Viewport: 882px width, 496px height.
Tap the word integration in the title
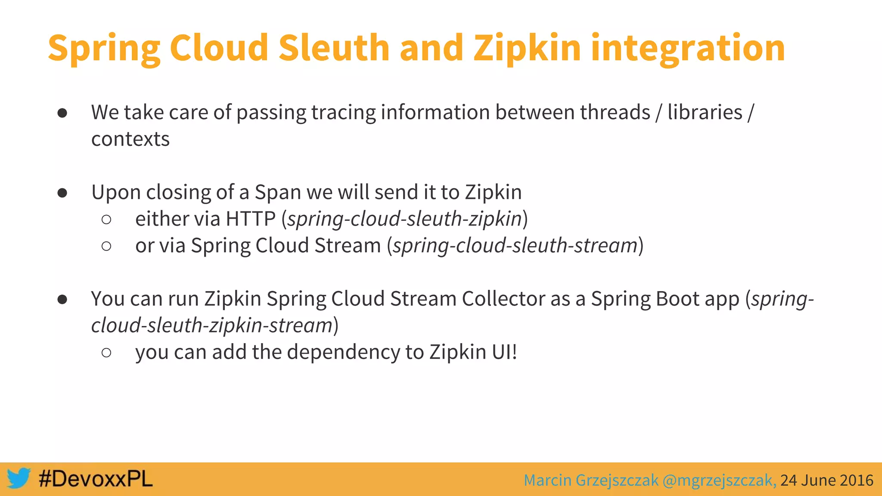pos(688,48)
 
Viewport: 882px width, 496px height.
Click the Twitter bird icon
pos(19,478)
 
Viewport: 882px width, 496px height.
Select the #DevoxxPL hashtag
pos(96,479)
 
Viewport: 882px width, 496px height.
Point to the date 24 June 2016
pos(826,480)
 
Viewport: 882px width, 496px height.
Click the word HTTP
pos(250,219)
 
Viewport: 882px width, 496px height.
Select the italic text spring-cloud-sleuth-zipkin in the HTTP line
pos(405,219)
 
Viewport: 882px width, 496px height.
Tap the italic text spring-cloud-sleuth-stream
pos(515,245)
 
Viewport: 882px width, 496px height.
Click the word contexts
pos(130,139)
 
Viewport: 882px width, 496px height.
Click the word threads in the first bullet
pos(615,112)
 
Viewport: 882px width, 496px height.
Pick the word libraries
pos(705,112)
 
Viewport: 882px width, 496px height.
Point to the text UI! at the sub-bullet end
pos(504,352)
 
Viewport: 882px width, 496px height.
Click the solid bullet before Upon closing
pos(62,192)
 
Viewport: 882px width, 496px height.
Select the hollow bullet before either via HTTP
pos(106,220)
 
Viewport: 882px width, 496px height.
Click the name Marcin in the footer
pos(547,480)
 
